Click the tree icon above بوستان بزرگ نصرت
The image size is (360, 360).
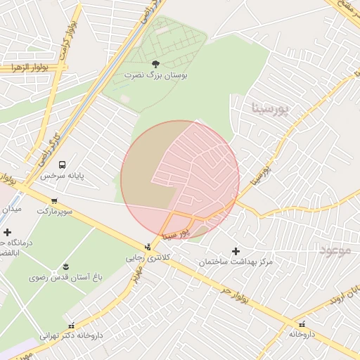(x=155, y=63)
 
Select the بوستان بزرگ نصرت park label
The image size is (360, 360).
(x=155, y=75)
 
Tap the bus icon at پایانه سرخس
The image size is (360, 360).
(x=63, y=165)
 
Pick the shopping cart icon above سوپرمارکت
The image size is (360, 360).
(x=54, y=201)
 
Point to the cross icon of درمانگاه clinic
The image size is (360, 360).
(x=7, y=232)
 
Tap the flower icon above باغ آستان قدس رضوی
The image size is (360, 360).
(x=65, y=266)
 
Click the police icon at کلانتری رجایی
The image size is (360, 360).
(x=148, y=247)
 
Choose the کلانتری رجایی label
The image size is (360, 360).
(x=144, y=257)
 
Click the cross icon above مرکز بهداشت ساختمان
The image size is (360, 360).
(x=236, y=251)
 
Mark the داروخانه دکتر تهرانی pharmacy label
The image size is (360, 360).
(x=70, y=335)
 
